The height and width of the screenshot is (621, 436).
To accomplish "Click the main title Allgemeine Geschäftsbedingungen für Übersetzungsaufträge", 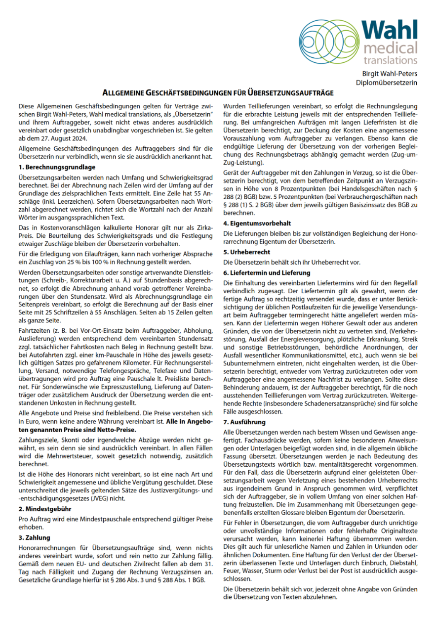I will (218, 92).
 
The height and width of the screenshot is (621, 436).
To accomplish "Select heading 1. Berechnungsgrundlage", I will (56, 167).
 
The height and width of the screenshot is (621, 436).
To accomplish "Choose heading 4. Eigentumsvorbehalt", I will (257, 223).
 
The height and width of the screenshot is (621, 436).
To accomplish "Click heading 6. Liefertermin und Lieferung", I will (267, 272).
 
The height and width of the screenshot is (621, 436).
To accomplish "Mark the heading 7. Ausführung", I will (245, 422).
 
